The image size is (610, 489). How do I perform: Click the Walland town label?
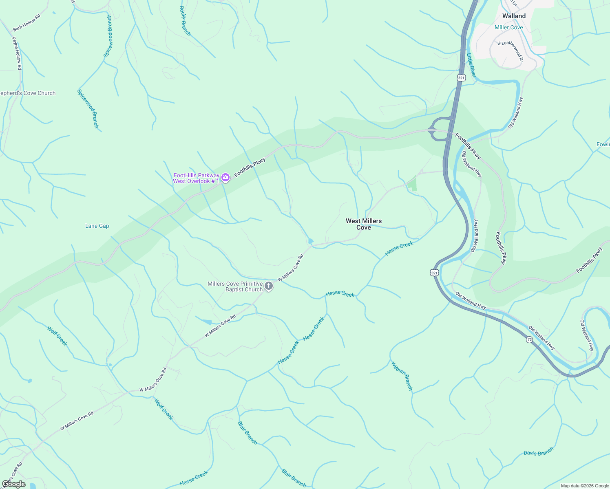[514, 16]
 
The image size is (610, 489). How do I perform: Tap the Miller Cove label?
[508, 27]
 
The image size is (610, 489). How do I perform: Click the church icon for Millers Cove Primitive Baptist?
[268, 286]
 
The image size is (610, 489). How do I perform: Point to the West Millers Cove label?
[364, 224]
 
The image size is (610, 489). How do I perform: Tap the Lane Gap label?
[97, 226]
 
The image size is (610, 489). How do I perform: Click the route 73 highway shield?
[529, 339]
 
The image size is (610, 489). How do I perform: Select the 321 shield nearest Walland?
[461, 78]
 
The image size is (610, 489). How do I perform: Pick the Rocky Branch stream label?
[185, 21]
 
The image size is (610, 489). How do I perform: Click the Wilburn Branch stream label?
[402, 376]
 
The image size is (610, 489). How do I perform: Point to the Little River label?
[471, 65]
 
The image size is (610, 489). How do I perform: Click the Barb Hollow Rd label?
[27, 23]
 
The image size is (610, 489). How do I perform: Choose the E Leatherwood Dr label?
[510, 50]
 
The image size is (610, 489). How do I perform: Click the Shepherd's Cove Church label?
[28, 93]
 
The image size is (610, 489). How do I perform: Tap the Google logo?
[14, 484]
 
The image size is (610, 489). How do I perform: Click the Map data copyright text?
[584, 486]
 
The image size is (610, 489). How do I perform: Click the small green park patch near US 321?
[412, 184]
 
